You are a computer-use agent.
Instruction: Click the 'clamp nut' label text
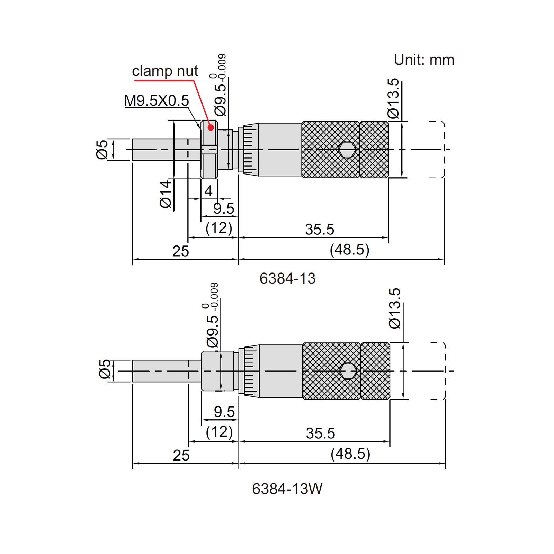[x=165, y=71]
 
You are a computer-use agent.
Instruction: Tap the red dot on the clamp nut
[x=211, y=127]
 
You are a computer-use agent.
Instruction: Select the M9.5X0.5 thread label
[x=157, y=101]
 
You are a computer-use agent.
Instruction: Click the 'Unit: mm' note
[x=424, y=60]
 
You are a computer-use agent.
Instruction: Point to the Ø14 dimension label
[x=166, y=194]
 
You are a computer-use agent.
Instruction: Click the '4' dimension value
[x=208, y=191]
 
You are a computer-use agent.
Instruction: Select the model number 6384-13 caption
[x=287, y=278]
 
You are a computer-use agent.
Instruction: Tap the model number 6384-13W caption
[x=287, y=489]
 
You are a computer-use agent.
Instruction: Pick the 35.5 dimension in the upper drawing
[x=319, y=230]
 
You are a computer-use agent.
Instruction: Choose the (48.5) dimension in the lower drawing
[x=350, y=454]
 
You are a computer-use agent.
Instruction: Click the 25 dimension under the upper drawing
[x=181, y=251]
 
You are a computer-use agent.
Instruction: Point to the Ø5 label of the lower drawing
[x=105, y=369]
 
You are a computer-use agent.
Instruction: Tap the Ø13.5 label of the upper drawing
[x=393, y=99]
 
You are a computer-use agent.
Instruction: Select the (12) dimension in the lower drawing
[x=219, y=432]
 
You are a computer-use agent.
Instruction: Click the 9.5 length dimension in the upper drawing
[x=224, y=209]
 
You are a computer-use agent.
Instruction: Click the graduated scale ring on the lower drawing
[x=251, y=371]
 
